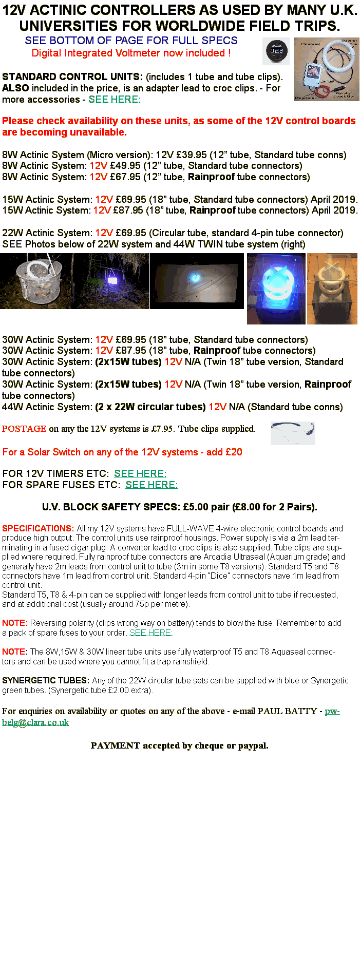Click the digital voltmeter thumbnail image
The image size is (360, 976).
[276, 51]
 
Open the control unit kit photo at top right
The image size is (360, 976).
[327, 69]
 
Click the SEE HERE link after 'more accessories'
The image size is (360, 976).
[115, 99]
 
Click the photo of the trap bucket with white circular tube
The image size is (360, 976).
[37, 281]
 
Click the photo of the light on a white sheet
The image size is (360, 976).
[197, 281]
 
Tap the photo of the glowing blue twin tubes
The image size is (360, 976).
[276, 289]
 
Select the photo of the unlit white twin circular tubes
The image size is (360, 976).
[332, 289]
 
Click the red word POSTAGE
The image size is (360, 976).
[24, 429]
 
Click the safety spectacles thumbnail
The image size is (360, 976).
[293, 433]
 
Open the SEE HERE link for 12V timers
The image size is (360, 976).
[140, 473]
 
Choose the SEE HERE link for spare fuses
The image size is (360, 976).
[151, 485]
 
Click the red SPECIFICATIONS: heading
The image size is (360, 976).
[38, 528]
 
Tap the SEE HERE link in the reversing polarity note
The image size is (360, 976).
[151, 633]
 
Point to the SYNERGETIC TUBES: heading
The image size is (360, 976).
[46, 680]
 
